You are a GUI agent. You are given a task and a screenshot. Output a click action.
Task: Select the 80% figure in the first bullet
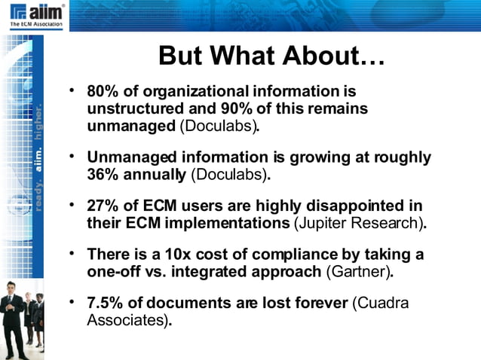pos(102,92)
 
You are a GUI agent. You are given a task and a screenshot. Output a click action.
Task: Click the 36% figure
pos(102,175)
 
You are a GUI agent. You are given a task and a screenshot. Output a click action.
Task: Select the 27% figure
pos(102,206)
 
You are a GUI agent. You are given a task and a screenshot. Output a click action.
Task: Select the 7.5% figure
pos(106,304)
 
